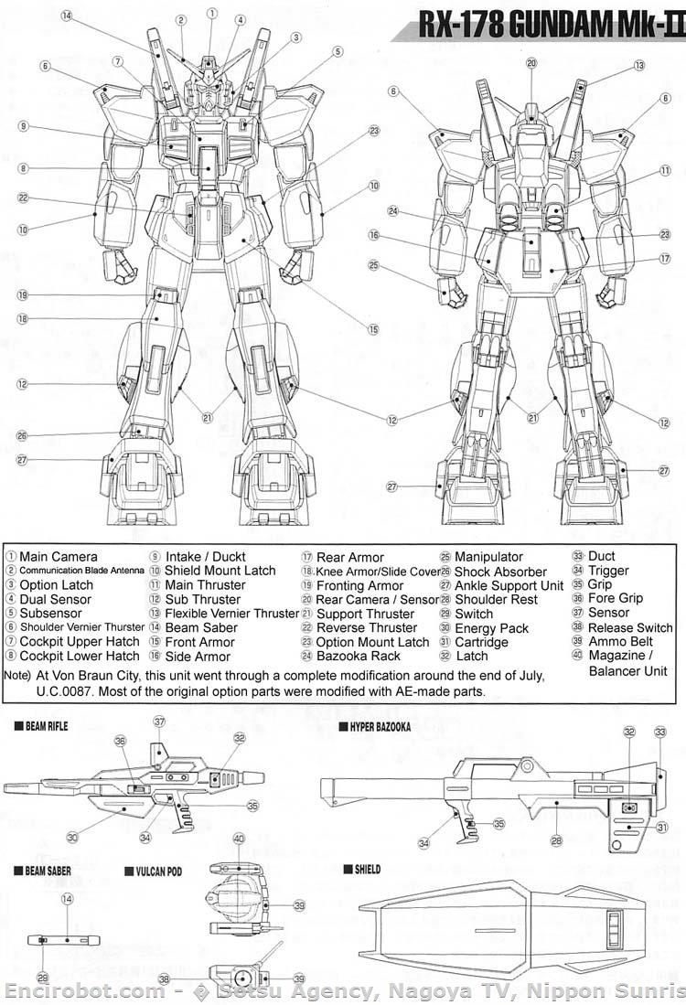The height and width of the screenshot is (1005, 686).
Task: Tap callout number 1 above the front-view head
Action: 212,13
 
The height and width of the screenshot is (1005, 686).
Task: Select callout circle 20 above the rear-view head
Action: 531,63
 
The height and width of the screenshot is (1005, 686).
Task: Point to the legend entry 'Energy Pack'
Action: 492,627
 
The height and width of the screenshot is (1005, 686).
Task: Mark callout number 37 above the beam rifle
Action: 159,722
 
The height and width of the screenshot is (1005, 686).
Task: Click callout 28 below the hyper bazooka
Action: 554,839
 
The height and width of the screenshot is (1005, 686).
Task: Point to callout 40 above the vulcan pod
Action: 239,839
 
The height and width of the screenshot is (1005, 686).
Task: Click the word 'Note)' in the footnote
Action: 17,675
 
